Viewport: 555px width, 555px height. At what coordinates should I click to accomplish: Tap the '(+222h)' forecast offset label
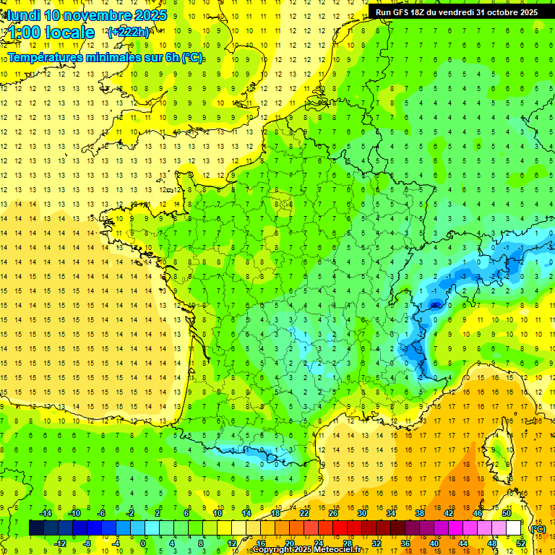129,32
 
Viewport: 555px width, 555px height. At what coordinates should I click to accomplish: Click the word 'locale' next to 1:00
69,33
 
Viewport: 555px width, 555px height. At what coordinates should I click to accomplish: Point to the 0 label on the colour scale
143,543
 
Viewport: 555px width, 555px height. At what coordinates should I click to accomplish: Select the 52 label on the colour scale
520,543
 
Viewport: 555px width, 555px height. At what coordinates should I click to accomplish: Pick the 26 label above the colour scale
333,513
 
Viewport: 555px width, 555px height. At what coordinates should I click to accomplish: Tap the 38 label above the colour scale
420,513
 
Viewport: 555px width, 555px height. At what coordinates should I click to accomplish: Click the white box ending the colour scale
514,528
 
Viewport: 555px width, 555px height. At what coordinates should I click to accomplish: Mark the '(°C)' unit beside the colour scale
538,528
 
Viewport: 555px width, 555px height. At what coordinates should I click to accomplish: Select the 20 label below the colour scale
289,543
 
